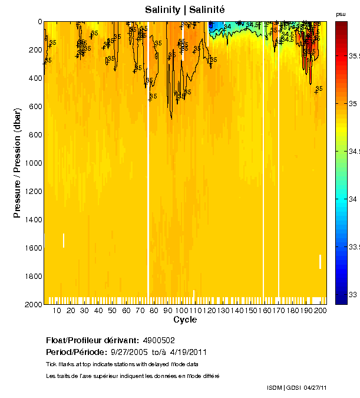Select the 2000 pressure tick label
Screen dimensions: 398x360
click(32, 305)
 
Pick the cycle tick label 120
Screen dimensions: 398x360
click(207, 311)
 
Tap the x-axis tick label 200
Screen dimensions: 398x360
click(319, 311)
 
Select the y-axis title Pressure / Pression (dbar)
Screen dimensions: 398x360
click(17, 163)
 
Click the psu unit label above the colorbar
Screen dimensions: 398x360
click(341, 14)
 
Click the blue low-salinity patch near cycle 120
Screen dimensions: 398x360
click(216, 25)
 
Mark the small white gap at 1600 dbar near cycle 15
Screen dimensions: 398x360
click(64, 240)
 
